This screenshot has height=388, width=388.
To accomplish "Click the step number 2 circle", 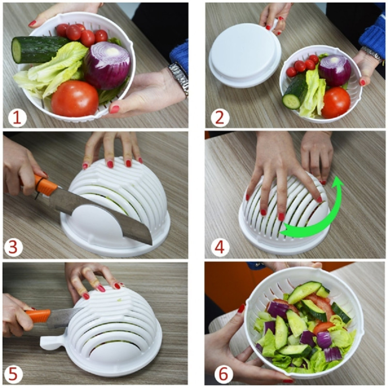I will click(x=218, y=117).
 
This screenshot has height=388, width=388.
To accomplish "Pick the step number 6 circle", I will click(x=224, y=374).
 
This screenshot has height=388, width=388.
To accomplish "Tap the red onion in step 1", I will click(x=107, y=65).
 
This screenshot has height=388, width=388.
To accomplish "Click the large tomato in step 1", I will click(x=75, y=98).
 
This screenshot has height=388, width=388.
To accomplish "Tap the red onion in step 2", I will click(x=335, y=70).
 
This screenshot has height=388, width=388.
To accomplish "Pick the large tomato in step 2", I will click(x=335, y=102).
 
